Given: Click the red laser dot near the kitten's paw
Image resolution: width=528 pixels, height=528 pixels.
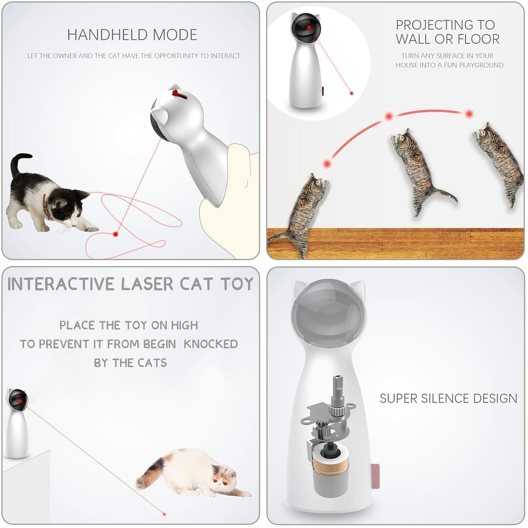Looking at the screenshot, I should point(116,233).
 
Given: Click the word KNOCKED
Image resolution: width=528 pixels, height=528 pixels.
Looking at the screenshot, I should point(211,344).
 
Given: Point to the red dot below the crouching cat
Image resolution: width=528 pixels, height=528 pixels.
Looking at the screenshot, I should point(165,513).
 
